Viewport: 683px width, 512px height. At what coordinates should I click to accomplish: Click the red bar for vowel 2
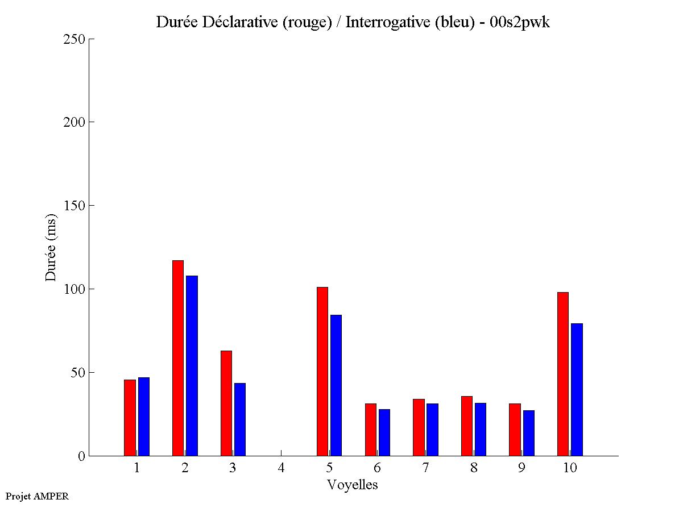[177, 358]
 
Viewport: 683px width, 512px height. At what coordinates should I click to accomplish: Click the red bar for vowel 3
[226, 403]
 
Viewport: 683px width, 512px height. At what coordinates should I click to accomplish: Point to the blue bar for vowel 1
[143, 417]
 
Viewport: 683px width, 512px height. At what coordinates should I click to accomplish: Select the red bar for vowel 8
[466, 426]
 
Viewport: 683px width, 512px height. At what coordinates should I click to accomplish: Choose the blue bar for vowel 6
[384, 432]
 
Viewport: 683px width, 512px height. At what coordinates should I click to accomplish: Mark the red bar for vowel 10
[562, 374]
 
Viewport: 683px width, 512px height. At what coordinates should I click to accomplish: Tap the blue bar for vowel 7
[432, 430]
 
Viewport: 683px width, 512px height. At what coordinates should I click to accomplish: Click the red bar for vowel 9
[515, 430]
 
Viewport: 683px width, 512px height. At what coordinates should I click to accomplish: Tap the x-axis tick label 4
[281, 468]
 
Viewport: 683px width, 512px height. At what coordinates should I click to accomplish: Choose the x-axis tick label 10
[570, 468]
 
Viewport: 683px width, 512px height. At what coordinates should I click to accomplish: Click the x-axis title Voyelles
[353, 485]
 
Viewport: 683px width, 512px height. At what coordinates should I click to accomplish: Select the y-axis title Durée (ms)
[51, 247]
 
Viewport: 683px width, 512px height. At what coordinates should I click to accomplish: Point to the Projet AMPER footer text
[37, 496]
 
